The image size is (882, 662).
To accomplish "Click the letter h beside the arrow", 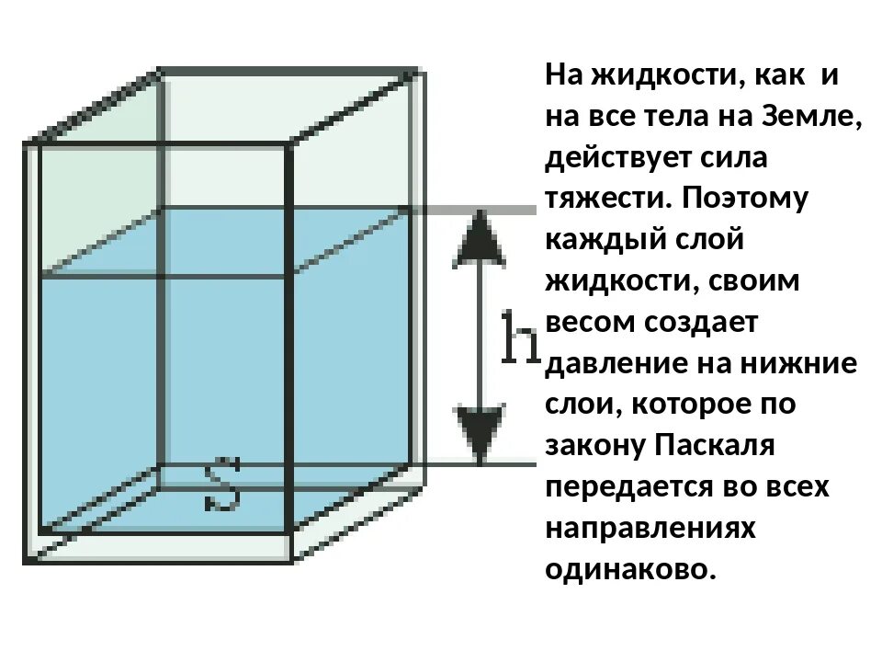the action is (x=520, y=337).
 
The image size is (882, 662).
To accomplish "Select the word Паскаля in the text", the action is (x=716, y=446).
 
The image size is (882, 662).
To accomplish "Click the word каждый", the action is (x=598, y=240).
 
